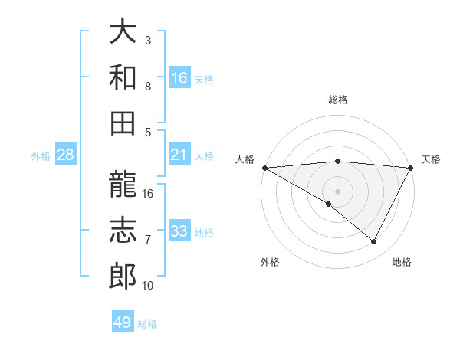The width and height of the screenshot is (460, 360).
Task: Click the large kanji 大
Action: tap(123, 32)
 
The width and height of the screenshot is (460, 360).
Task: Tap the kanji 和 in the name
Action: tap(123, 77)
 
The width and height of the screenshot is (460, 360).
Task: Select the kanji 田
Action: tap(123, 122)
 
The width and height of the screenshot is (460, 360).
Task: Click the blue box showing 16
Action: tap(179, 77)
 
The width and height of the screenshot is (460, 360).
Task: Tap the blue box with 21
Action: tap(179, 155)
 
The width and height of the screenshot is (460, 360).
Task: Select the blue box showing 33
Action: tap(179, 231)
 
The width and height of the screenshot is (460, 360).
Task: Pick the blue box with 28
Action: tap(66, 155)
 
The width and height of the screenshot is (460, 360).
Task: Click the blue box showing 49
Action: tap(123, 322)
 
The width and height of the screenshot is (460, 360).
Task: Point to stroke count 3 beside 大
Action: tap(148, 40)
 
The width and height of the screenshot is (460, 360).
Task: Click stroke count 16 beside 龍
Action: tap(148, 194)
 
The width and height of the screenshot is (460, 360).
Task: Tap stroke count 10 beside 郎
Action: tap(148, 286)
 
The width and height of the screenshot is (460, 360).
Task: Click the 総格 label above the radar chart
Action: tap(337, 100)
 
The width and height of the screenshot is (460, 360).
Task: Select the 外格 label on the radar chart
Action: tap(270, 263)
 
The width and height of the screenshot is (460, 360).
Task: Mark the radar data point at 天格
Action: tap(411, 168)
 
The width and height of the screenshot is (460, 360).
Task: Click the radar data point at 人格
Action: tap(264, 168)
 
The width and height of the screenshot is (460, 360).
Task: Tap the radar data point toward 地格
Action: tap(374, 241)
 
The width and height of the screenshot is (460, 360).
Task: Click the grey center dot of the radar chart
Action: tap(337, 190)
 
